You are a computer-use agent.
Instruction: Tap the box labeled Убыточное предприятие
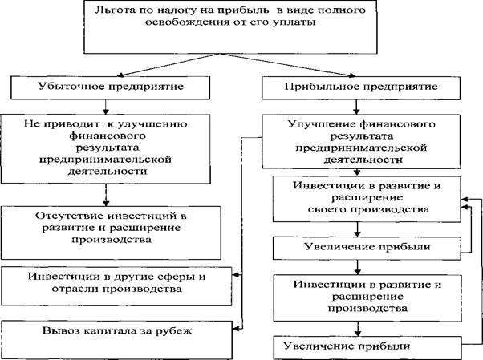point(110,87)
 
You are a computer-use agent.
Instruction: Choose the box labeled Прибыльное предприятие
point(361,87)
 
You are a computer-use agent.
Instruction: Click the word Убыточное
point(71,87)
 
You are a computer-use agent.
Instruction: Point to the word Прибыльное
point(322,87)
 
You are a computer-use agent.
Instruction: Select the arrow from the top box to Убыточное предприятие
point(168,64)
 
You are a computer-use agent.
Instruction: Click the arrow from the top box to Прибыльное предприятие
point(288,64)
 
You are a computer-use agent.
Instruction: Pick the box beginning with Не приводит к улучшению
point(106,149)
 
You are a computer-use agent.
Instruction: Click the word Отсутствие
point(69,216)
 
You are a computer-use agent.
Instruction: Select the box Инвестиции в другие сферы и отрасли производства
point(116,286)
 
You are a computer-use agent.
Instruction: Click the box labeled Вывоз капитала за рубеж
point(116,339)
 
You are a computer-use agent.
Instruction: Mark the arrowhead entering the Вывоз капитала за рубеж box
point(235,328)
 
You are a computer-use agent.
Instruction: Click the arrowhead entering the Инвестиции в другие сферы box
point(235,275)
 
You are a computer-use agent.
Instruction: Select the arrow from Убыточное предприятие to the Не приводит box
point(106,107)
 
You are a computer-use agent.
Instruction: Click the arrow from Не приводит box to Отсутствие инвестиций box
point(106,195)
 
